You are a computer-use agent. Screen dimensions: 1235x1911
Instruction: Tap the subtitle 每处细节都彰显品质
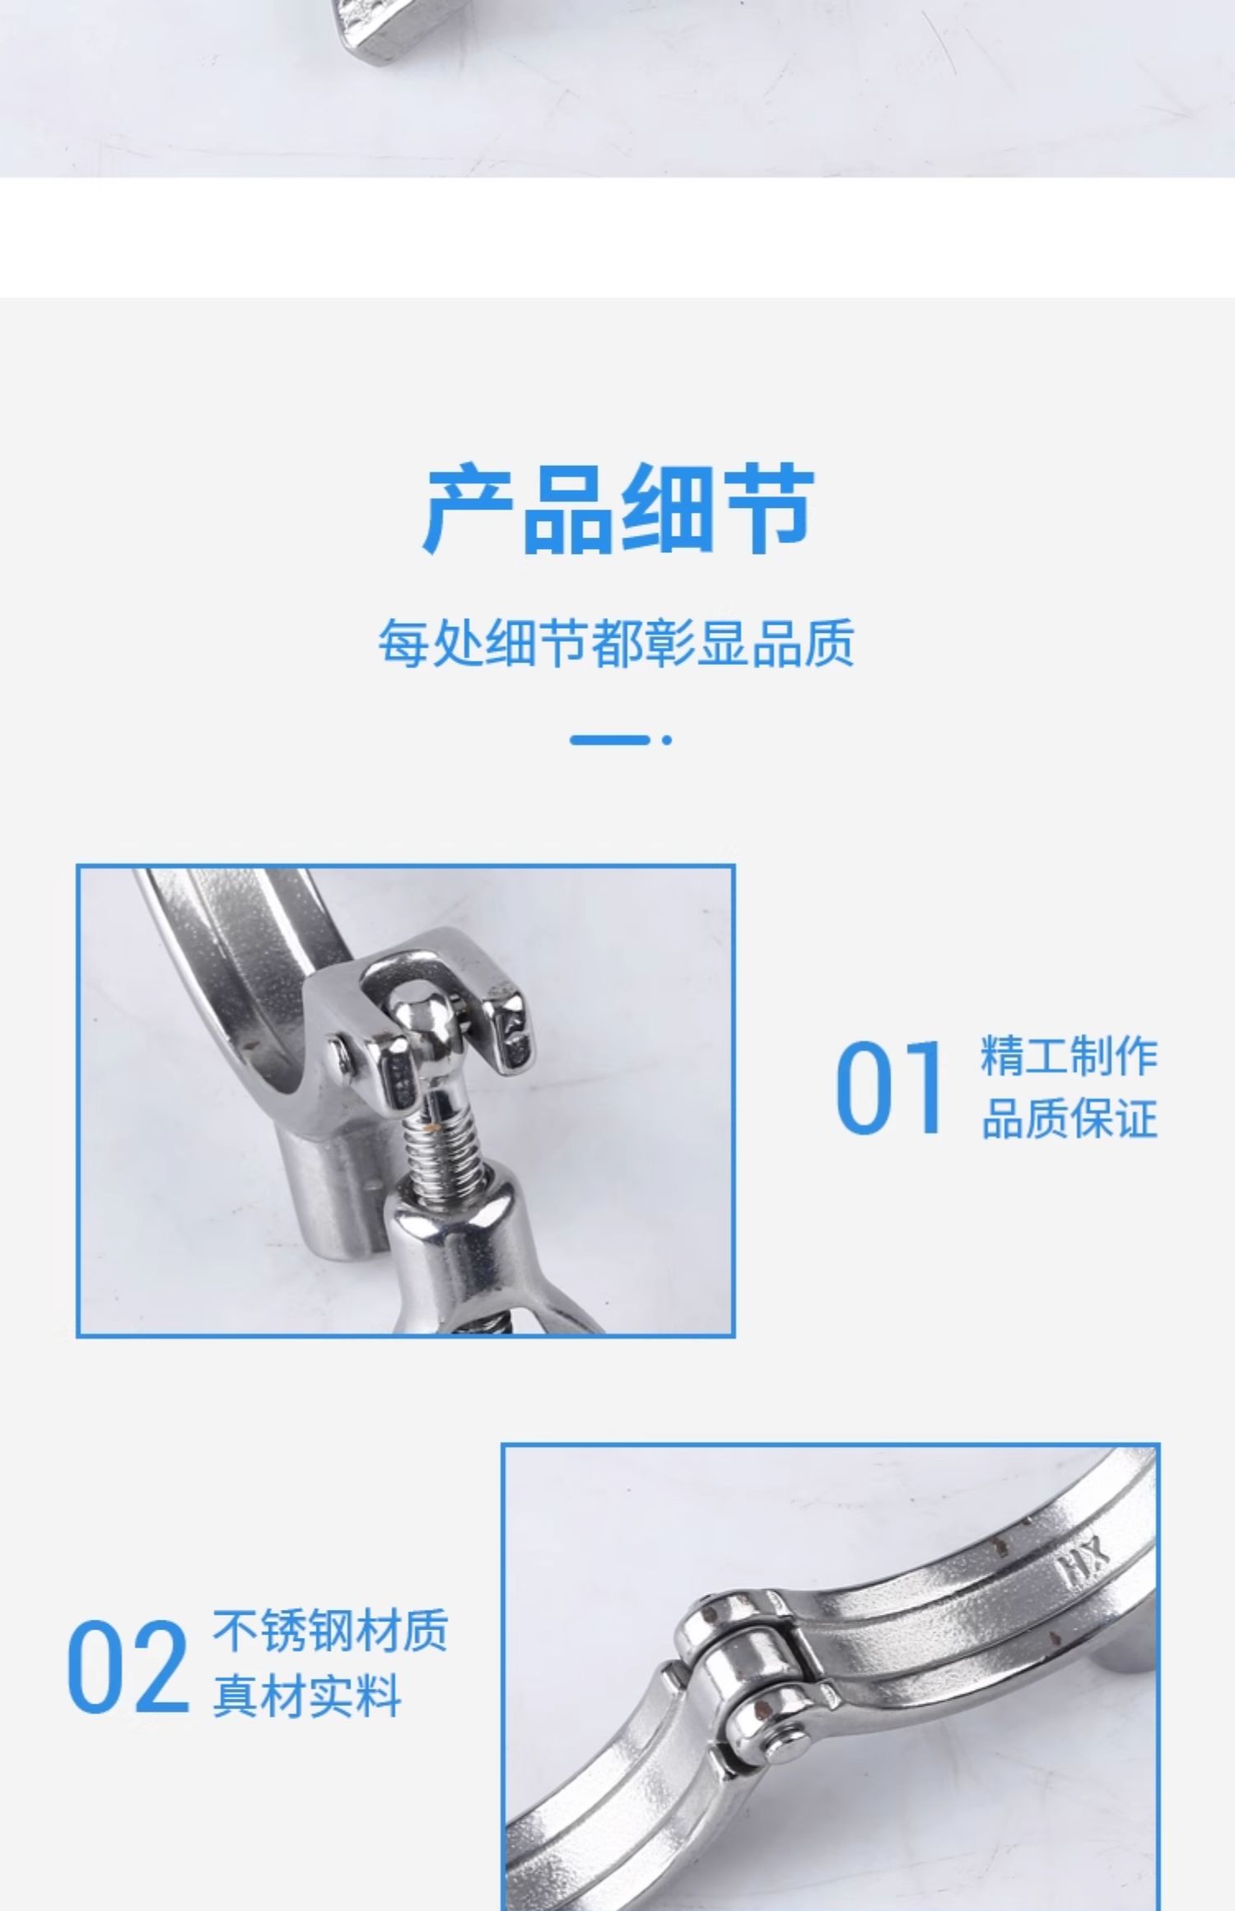point(617,643)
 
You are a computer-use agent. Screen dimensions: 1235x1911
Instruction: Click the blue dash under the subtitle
point(610,740)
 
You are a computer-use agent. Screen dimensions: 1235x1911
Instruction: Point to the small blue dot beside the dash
point(667,740)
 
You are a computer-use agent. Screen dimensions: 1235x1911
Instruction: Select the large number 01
point(888,1087)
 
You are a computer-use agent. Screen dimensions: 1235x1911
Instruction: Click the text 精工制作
point(1070,1056)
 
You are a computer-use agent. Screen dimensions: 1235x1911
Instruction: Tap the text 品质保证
point(1070,1118)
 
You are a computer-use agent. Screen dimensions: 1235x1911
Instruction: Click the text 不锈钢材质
point(330,1630)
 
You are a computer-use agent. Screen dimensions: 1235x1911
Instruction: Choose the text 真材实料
point(307,1695)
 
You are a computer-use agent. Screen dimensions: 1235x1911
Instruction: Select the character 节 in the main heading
point(770,509)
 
